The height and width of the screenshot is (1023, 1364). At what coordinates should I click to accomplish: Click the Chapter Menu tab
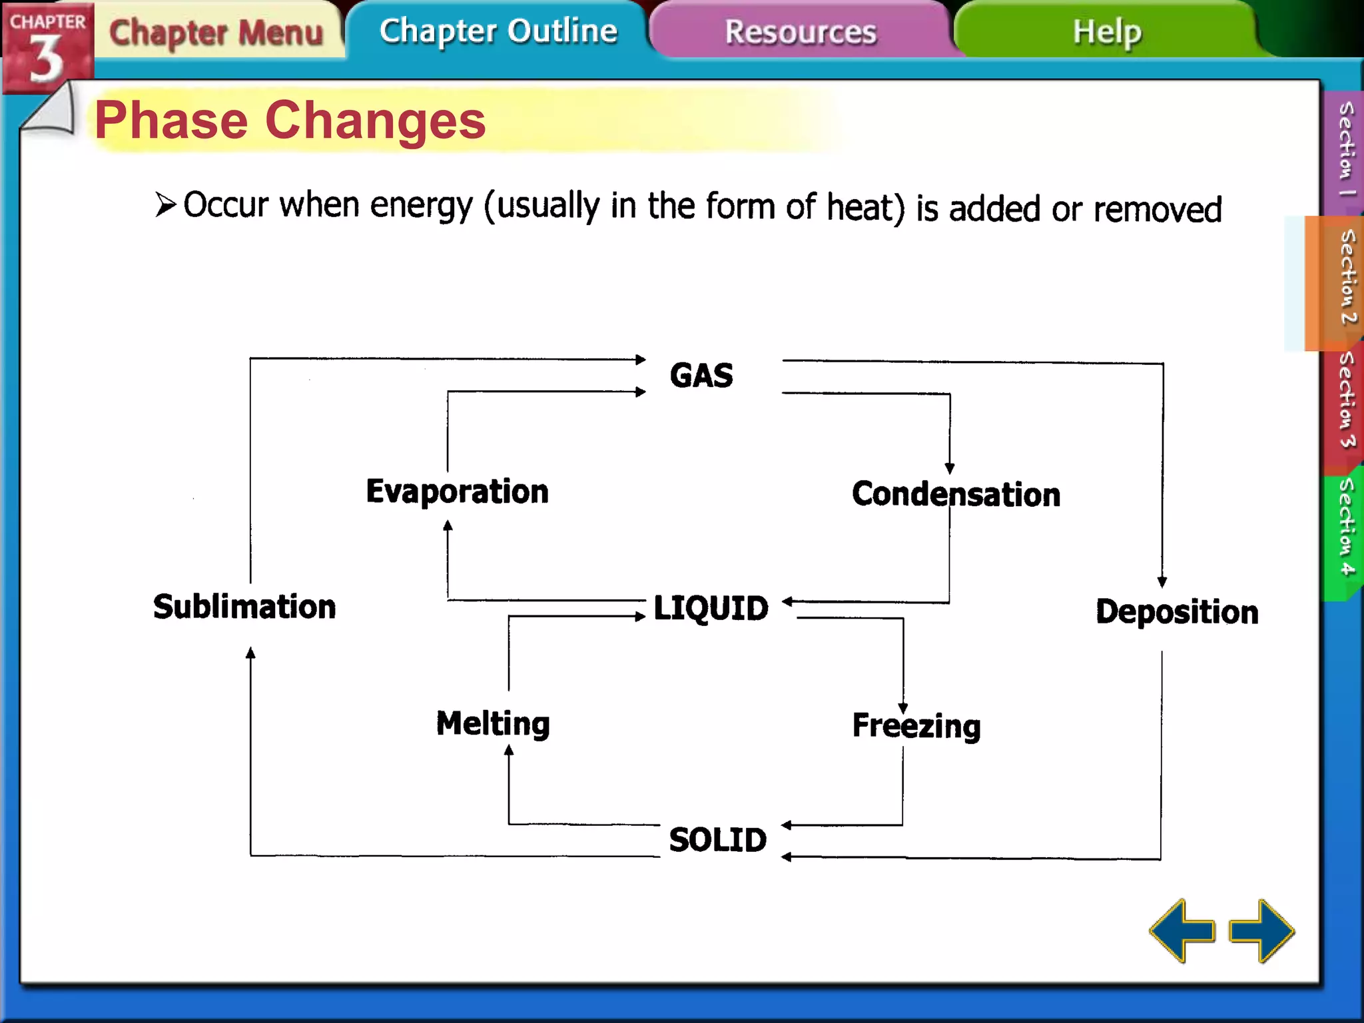tap(216, 32)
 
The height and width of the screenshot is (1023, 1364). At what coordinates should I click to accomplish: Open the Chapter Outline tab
tap(498, 31)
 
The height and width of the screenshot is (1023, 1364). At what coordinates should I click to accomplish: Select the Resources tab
tap(800, 32)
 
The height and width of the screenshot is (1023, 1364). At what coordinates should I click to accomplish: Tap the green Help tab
tap(1107, 31)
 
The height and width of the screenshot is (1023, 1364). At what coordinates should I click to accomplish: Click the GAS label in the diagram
tap(701, 375)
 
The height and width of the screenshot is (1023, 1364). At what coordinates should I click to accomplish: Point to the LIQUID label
tap(711, 608)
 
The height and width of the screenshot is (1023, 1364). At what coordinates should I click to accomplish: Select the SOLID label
tap(717, 839)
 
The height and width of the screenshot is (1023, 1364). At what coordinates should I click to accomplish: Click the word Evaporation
tap(457, 492)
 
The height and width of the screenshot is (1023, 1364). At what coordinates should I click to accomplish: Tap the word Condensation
tap(956, 494)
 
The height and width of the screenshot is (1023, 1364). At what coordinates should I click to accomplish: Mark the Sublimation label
tap(244, 607)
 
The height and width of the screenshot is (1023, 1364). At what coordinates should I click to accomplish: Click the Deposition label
tap(1177, 611)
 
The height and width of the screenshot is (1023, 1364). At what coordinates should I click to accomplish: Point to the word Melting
tap(493, 723)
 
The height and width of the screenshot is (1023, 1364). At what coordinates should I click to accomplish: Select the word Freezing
tap(916, 725)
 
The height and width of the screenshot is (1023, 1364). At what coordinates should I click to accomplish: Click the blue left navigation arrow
tap(1182, 930)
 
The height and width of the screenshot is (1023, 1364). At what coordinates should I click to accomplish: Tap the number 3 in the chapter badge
tap(45, 60)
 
